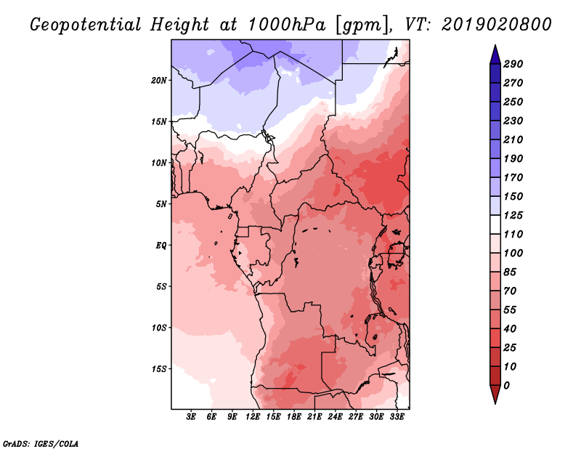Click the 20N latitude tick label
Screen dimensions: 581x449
159,81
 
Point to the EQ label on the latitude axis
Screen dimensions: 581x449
161,246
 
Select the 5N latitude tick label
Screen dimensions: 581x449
161,204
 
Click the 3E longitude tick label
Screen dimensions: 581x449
191,417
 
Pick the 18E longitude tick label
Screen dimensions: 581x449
294,417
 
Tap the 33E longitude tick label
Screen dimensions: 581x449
397,417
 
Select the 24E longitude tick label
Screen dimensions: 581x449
335,417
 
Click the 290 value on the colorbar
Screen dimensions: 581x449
513,64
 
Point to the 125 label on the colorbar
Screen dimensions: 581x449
513,215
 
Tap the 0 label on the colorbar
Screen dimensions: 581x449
506,386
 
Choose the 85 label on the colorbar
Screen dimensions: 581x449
510,272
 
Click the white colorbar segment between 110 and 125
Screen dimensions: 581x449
495,224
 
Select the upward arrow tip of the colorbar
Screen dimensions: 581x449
495,45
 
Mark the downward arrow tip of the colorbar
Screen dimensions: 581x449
495,403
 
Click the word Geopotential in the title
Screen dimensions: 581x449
86,25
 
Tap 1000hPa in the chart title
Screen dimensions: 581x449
286,25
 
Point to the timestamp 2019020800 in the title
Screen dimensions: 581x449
497,25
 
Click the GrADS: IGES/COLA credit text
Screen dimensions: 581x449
41,444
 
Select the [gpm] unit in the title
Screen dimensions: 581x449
364,25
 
